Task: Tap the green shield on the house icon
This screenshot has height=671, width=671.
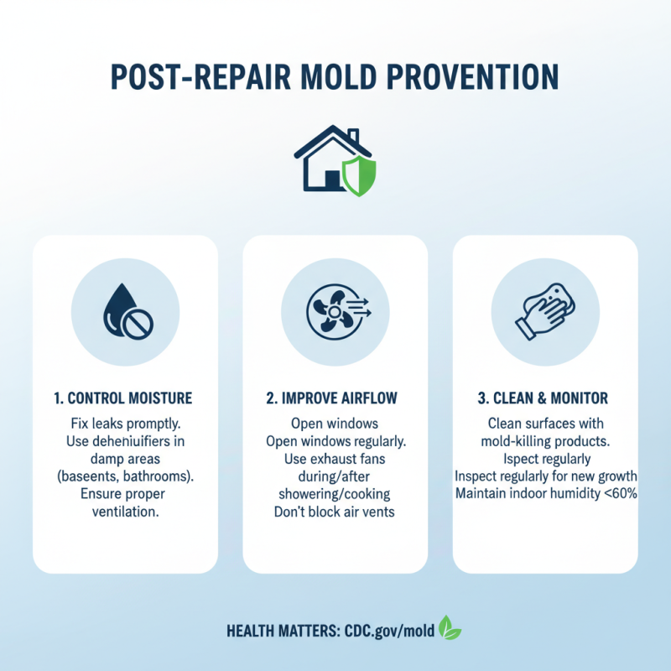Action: click(358, 175)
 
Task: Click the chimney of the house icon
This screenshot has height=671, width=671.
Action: click(353, 137)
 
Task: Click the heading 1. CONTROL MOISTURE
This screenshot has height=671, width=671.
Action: click(125, 397)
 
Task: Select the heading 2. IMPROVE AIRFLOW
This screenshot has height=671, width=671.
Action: click(335, 397)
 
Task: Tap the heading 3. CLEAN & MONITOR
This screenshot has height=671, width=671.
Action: click(545, 397)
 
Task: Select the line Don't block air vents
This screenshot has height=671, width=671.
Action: click(335, 511)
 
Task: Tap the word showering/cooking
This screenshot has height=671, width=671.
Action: click(335, 493)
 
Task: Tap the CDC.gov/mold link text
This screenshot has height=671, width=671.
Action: click(389, 631)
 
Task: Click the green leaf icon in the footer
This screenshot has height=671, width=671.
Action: click(450, 628)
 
